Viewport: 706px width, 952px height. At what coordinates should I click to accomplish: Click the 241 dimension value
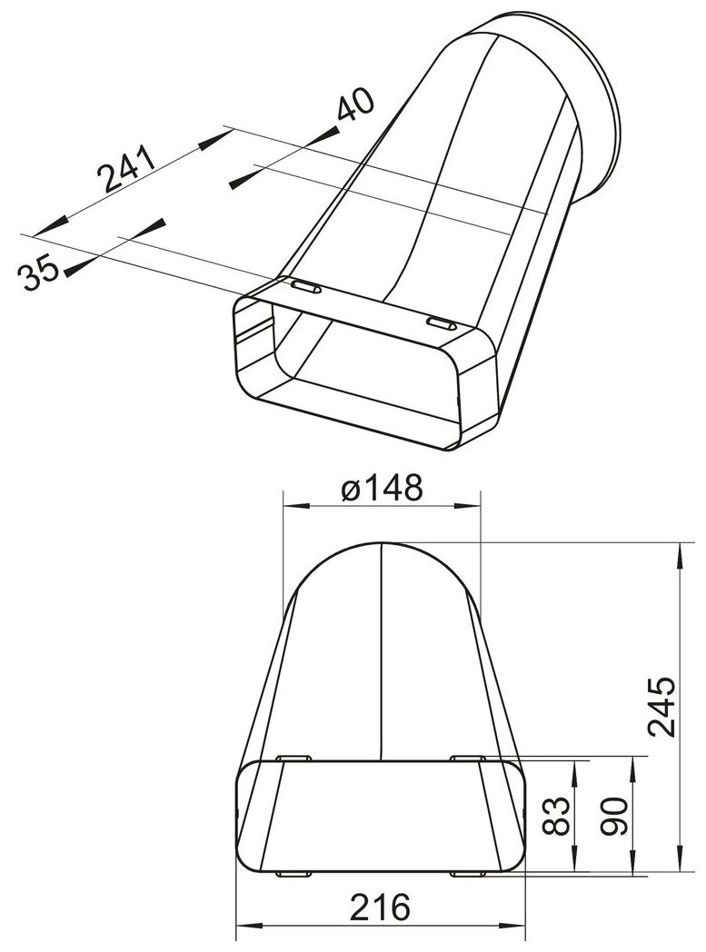[126, 169]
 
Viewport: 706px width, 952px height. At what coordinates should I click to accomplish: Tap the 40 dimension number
[354, 108]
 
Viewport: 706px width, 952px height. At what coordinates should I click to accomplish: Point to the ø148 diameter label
[382, 490]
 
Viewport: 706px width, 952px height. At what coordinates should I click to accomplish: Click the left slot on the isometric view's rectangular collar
[304, 288]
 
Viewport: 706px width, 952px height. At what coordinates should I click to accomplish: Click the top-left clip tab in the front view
[292, 758]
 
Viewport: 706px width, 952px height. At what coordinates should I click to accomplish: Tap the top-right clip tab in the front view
[470, 758]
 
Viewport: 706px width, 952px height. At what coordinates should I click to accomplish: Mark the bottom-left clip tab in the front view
[292, 874]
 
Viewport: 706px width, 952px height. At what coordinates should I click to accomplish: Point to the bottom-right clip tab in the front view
[470, 874]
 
